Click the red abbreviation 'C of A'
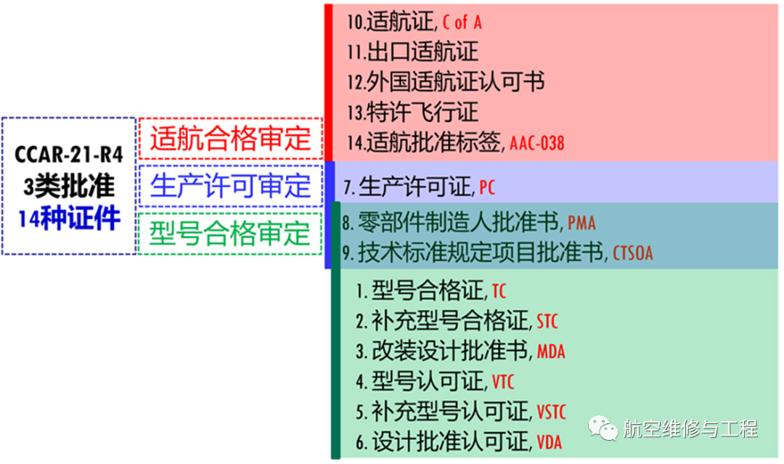click(x=462, y=23)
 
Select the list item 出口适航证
click(x=412, y=52)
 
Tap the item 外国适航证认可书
click(x=445, y=82)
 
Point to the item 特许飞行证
click(x=412, y=113)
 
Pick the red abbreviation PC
click(x=487, y=189)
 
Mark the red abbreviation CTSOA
click(x=633, y=253)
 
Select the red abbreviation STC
click(x=547, y=322)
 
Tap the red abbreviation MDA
click(x=551, y=352)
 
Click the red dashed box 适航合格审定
click(x=230, y=138)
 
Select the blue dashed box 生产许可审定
click(x=230, y=186)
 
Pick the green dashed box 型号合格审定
click(x=230, y=233)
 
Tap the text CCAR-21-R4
click(x=69, y=155)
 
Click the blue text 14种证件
click(x=69, y=218)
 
